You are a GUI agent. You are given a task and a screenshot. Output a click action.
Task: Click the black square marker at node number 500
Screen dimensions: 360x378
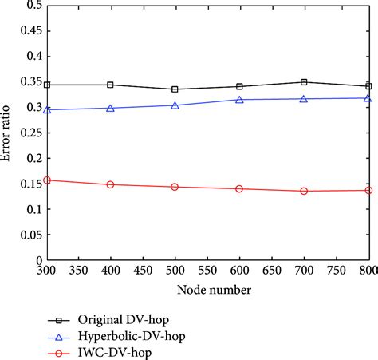coord(175,89)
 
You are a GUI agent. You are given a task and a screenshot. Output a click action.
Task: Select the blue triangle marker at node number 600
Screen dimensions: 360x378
coord(239,100)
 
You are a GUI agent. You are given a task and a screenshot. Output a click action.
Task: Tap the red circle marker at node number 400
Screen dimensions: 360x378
coord(110,184)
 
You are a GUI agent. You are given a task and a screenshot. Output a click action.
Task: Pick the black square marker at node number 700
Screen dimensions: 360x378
coord(304,82)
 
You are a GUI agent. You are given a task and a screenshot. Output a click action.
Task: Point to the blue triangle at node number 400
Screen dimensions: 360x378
coord(110,108)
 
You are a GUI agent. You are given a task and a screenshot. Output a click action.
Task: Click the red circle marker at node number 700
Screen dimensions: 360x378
coord(304,191)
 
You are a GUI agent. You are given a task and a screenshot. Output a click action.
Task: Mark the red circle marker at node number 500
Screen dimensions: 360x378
coord(175,187)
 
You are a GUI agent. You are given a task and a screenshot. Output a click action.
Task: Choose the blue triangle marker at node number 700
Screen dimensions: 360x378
coord(304,99)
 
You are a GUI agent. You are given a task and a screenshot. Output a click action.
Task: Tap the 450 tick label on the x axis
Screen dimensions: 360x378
coord(143,271)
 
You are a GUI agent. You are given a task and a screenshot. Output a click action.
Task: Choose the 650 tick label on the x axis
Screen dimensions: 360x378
coord(272,271)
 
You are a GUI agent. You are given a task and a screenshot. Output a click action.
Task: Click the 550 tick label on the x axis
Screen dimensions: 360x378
coord(207,271)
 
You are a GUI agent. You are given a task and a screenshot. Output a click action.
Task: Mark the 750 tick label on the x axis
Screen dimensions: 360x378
coord(337,271)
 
